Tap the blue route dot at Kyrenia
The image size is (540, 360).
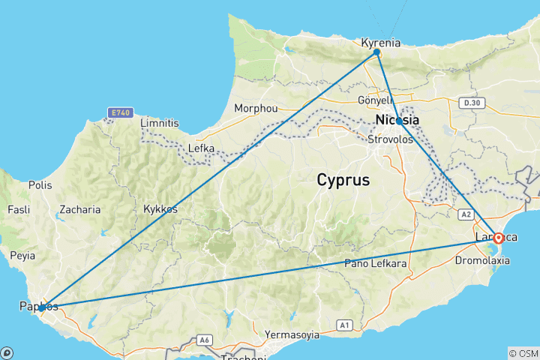tap(377, 53)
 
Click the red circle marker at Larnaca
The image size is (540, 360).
tap(499, 238)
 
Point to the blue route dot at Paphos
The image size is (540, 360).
tap(42, 307)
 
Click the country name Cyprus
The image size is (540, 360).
tap(343, 180)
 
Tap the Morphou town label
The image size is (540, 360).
tap(256, 108)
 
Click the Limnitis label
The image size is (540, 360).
tap(160, 122)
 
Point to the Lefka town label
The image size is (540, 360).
tap(201, 148)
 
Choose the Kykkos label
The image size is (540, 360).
tap(160, 209)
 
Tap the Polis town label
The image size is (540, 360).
tap(40, 184)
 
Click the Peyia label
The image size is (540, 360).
tap(22, 256)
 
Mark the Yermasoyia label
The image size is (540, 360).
tap(292, 334)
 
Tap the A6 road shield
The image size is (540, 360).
tap(204, 340)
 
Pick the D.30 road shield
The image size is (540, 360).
tap(471, 103)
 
